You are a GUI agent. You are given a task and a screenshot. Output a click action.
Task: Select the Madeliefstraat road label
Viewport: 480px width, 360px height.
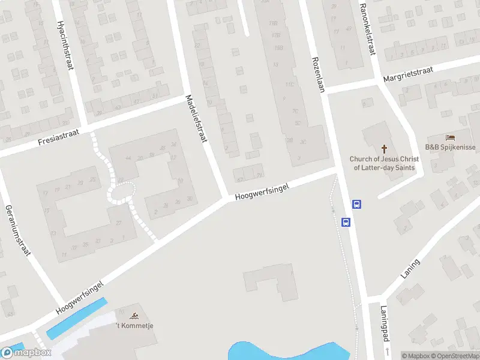[196, 118]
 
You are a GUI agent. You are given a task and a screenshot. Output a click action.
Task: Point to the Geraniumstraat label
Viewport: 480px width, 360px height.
[17, 230]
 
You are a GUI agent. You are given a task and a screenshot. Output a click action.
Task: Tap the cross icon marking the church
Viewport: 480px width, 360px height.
[384, 148]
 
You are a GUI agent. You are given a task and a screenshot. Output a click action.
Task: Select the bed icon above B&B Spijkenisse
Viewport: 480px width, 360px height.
[450, 138]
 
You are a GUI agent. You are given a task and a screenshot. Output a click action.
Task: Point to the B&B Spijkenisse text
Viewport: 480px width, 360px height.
[450, 148]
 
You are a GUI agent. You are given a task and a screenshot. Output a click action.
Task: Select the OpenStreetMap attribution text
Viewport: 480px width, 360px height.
[454, 356]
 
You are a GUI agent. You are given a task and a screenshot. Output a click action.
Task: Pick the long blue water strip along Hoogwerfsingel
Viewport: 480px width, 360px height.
[77, 317]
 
